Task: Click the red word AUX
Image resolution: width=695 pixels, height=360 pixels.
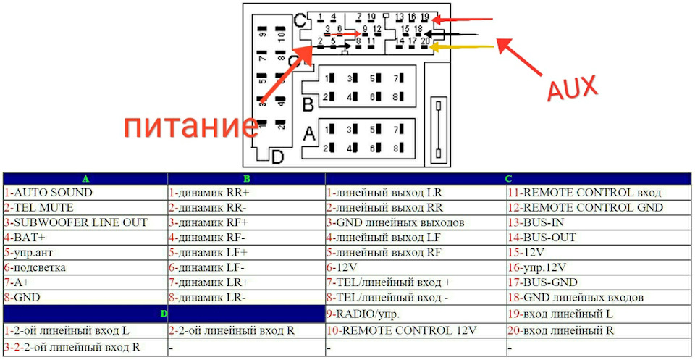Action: (x=572, y=88)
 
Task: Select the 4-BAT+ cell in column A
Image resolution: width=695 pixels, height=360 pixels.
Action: (x=85, y=238)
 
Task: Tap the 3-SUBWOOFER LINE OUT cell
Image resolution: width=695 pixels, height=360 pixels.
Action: (x=85, y=222)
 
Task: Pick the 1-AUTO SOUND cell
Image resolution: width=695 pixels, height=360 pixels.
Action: (x=85, y=193)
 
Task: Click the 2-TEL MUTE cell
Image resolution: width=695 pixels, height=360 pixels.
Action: (x=85, y=207)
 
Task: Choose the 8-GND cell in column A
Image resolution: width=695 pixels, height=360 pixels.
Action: (x=85, y=298)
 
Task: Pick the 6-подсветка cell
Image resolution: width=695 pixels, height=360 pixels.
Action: (x=85, y=268)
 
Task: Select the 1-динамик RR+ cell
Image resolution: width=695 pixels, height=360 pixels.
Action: (x=246, y=193)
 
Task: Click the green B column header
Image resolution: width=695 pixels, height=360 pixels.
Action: (x=247, y=179)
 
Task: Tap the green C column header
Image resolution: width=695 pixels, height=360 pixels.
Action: (x=508, y=179)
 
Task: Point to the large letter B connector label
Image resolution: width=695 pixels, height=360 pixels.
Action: (x=308, y=104)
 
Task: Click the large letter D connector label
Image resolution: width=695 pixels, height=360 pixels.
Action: (x=277, y=156)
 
